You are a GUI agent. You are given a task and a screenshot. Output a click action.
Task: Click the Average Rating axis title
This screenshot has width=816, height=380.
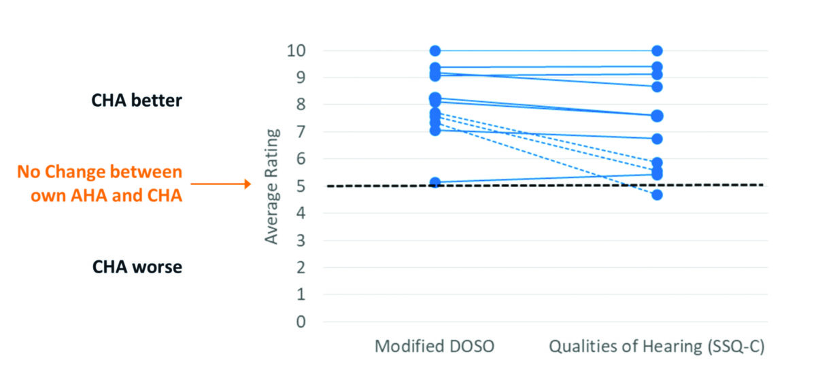pos(272,186)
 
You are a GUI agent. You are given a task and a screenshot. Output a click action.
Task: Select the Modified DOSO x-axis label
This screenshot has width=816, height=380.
pos(435,347)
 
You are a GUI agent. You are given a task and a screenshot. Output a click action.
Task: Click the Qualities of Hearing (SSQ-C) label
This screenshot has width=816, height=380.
pos(657,347)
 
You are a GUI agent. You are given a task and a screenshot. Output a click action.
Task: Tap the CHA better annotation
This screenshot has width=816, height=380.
pos(137,100)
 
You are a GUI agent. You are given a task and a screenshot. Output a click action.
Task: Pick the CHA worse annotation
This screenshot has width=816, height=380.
pos(137,266)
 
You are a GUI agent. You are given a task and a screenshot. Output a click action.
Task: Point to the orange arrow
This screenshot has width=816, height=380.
pos(221,183)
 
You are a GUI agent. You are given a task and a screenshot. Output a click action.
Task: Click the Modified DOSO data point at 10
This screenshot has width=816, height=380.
pos(435,51)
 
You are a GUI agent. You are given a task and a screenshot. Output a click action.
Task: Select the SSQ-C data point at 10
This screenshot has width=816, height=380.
pos(658,51)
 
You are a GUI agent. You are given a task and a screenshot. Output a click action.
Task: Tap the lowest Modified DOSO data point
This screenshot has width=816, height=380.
pos(435,182)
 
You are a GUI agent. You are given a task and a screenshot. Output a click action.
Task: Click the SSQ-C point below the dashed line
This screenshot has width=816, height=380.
pos(658,195)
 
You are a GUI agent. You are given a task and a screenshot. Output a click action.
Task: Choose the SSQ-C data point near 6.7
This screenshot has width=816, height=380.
pos(658,139)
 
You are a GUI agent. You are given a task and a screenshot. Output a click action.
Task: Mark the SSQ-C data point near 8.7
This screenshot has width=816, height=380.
pos(658,86)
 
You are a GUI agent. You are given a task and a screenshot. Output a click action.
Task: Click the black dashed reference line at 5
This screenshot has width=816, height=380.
pos(544,185)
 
